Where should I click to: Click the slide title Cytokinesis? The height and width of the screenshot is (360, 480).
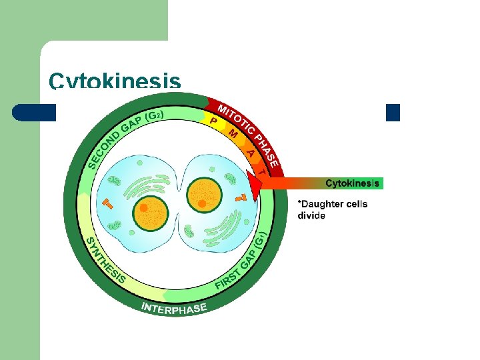(x=114, y=81)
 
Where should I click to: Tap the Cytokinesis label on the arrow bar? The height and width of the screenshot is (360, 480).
(x=352, y=183)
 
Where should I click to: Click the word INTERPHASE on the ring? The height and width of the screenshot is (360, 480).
(x=175, y=308)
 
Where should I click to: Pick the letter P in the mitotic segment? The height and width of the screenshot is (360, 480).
(x=213, y=121)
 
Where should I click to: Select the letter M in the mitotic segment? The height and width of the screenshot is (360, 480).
(x=233, y=133)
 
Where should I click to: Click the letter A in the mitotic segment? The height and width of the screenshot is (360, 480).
(x=251, y=153)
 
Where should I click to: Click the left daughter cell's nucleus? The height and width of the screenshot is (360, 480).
(x=151, y=215)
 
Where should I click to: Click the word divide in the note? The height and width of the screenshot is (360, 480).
(x=311, y=216)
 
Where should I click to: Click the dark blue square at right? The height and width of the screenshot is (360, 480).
(x=393, y=113)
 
